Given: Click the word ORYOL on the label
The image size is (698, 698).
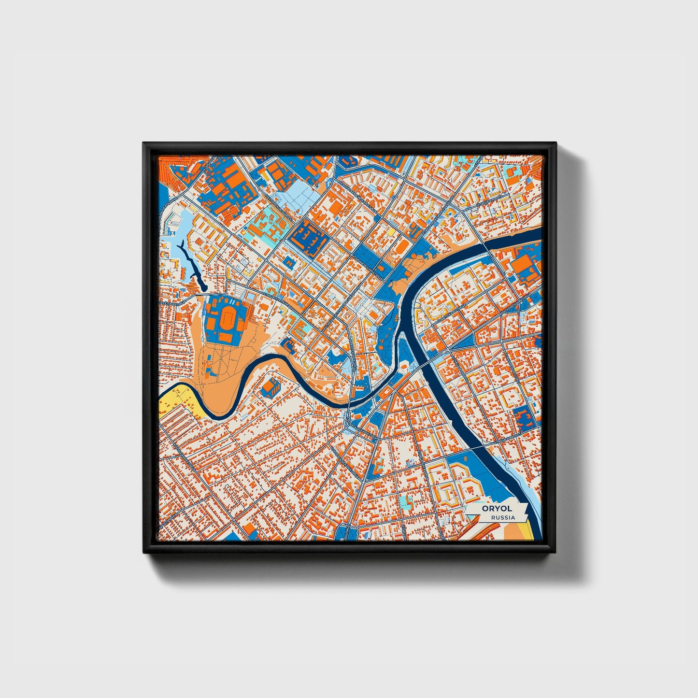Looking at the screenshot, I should [493, 509].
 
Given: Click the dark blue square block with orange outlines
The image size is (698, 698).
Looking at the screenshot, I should [307, 235].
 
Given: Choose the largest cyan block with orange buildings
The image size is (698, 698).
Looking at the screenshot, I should [265, 223].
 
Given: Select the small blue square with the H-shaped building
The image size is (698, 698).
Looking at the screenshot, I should [289, 263].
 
